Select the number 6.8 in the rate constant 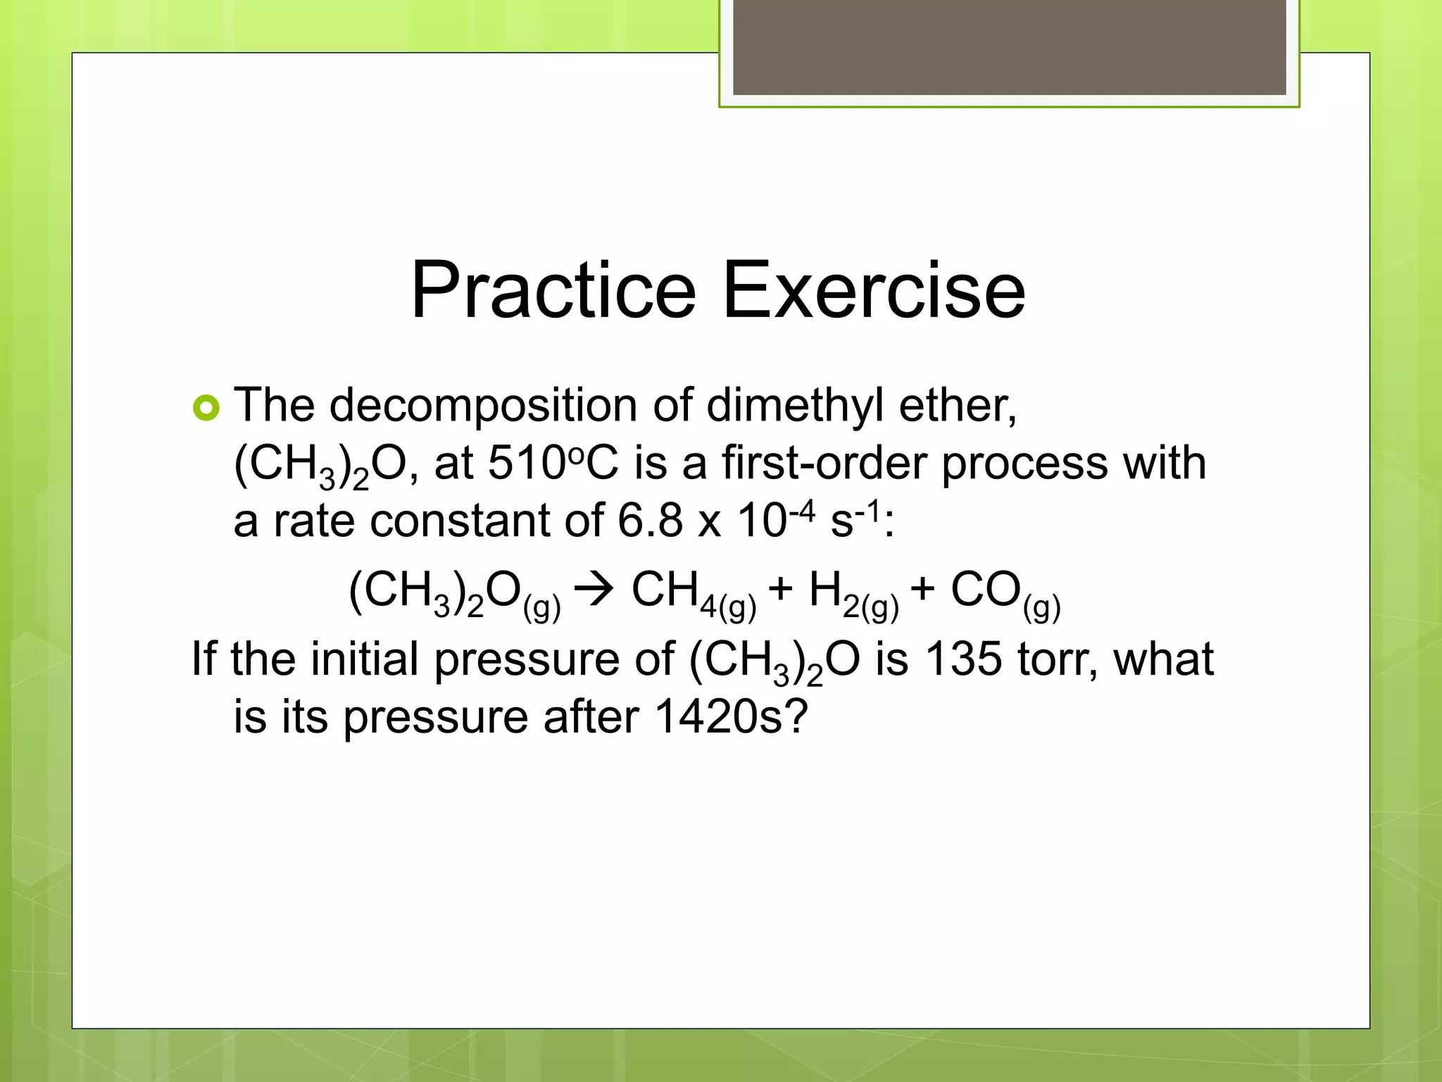[x=650, y=521]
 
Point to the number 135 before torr [x=963, y=659]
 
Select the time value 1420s [x=731, y=717]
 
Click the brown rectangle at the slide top [x=1009, y=47]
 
